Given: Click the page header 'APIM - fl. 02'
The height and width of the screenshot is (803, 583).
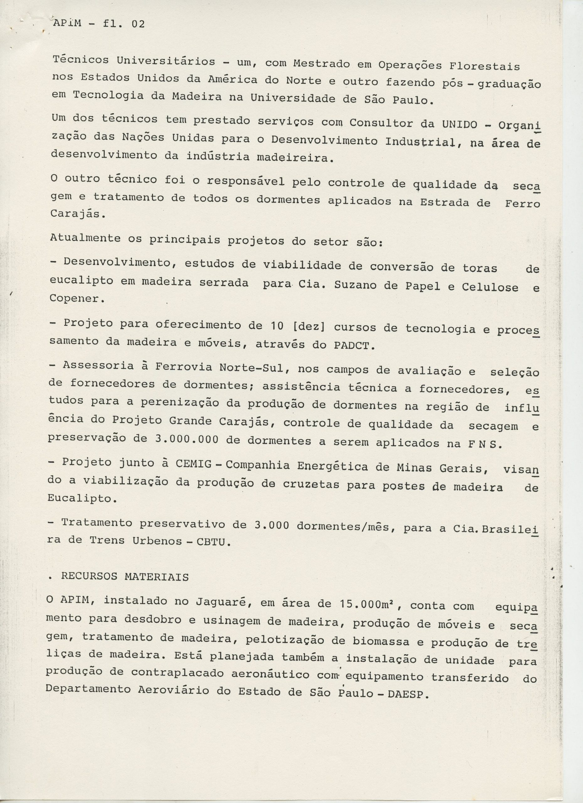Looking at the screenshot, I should (x=99, y=24).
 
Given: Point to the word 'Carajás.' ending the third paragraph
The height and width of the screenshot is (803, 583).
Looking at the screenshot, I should (x=77, y=214).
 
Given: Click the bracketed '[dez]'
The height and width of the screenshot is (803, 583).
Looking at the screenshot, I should (x=307, y=327).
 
